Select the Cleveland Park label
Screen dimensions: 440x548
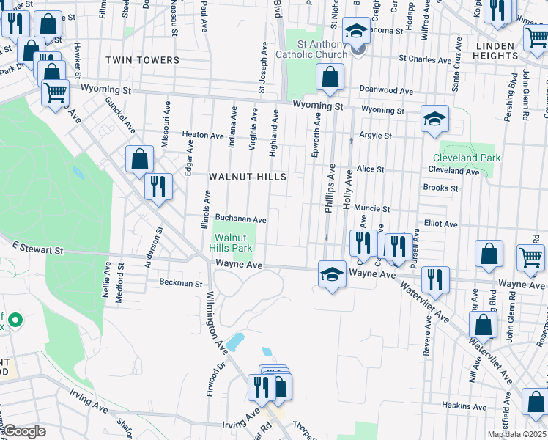[466, 158]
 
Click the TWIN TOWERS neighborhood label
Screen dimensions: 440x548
[142, 60]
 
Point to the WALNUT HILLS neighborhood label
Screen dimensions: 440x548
[247, 177]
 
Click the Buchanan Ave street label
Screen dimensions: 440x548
[240, 219]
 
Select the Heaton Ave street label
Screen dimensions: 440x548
[203, 136]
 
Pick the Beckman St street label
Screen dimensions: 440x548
[181, 282]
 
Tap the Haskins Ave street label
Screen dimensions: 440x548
[464, 406]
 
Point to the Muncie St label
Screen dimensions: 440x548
[372, 208]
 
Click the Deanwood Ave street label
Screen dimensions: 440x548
[386, 91]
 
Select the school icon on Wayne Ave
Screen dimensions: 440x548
[332, 275]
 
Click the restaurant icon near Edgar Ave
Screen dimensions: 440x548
[158, 186]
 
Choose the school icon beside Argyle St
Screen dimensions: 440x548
[434, 119]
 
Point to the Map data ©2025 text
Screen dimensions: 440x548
[516, 434]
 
